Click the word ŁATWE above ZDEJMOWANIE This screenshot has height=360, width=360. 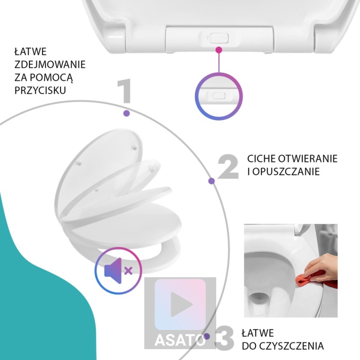tap(31, 52)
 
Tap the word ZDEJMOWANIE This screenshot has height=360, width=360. tap(50, 65)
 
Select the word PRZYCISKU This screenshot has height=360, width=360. tap(40, 90)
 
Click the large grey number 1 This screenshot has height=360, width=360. tap(125, 91)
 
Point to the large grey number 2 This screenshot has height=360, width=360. tap(228, 167)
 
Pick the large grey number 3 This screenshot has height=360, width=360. tap(224, 338)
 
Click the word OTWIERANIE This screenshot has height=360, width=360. tap(308, 159)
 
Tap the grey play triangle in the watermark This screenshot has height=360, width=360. tap(181, 304)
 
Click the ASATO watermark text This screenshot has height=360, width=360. tap(180, 340)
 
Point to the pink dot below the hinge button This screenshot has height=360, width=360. tap(219, 50)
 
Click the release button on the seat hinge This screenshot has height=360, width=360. tap(219, 38)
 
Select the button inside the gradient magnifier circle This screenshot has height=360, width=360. tap(219, 96)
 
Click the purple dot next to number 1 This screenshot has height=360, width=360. tap(127, 113)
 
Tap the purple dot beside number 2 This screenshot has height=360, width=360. tap(212, 181)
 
